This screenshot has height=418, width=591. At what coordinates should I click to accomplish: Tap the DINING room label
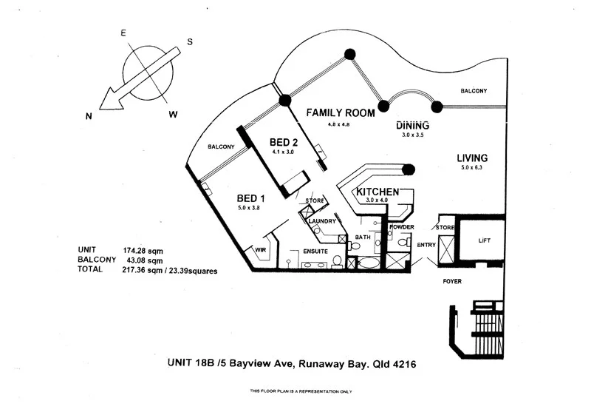coord(412,125)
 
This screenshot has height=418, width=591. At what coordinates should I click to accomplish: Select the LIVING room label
coord(471,158)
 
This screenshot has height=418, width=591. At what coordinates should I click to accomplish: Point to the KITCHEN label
coord(378,192)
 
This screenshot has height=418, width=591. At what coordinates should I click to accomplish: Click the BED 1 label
coord(250,198)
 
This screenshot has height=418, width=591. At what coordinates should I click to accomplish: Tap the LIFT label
coord(485,241)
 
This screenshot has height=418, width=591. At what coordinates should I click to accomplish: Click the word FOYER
coord(452,282)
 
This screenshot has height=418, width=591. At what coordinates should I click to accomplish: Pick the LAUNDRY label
coord(323,221)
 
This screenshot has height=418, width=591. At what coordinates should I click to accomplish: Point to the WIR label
coord(259,249)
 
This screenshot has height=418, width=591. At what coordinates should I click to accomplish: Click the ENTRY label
coord(427,245)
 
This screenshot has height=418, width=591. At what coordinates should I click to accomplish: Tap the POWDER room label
coord(401,227)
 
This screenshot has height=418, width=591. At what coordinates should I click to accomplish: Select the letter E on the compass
coord(123,33)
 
